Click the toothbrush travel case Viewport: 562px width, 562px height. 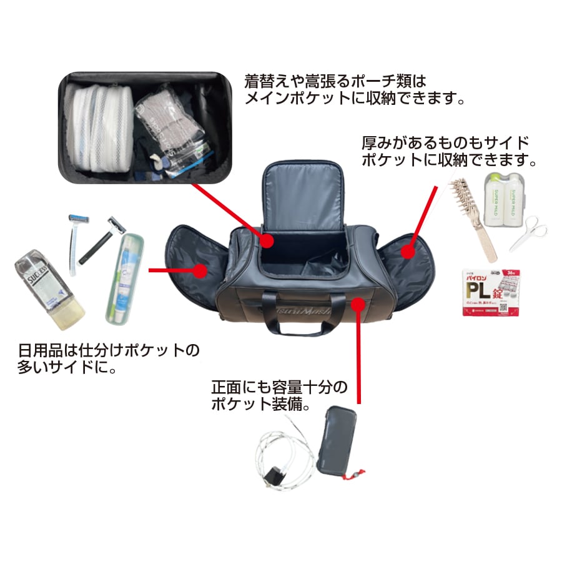[x=124, y=279]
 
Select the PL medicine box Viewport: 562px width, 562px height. [x=491, y=291]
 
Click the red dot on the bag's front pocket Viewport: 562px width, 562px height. [x=358, y=304]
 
